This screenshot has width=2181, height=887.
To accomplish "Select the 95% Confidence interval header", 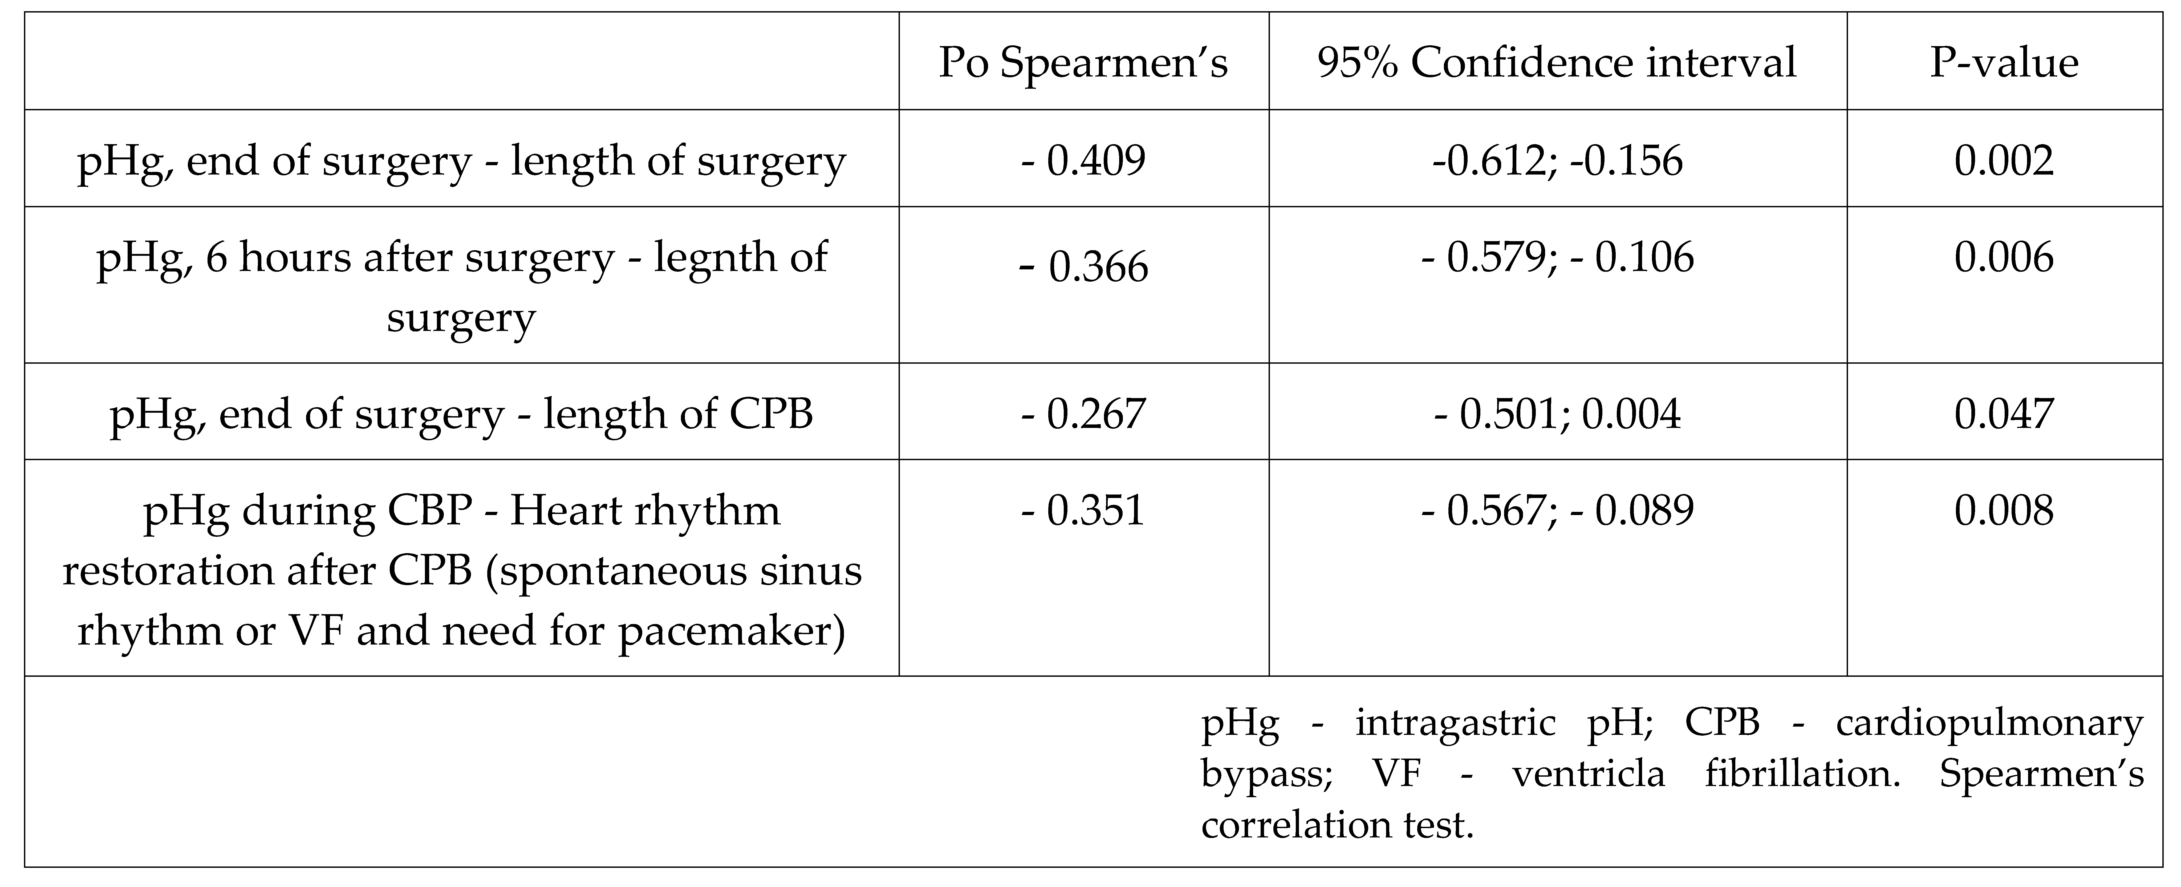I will (x=1557, y=63).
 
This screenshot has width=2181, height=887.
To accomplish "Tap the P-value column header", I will (x=2004, y=63).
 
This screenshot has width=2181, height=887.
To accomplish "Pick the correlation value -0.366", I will (x=1084, y=267).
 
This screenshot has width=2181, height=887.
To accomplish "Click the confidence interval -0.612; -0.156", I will (x=1557, y=160).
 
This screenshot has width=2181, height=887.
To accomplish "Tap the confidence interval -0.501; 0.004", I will (x=1557, y=414).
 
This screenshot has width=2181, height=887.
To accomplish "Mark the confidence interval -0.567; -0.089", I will (x=1557, y=510).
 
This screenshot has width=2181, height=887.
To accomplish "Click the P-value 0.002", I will (x=2004, y=160).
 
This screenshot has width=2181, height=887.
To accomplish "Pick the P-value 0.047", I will (x=2004, y=414).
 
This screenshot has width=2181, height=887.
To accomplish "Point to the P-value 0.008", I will (x=2004, y=510).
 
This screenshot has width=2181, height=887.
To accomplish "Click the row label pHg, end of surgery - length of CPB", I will (x=461, y=414).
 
